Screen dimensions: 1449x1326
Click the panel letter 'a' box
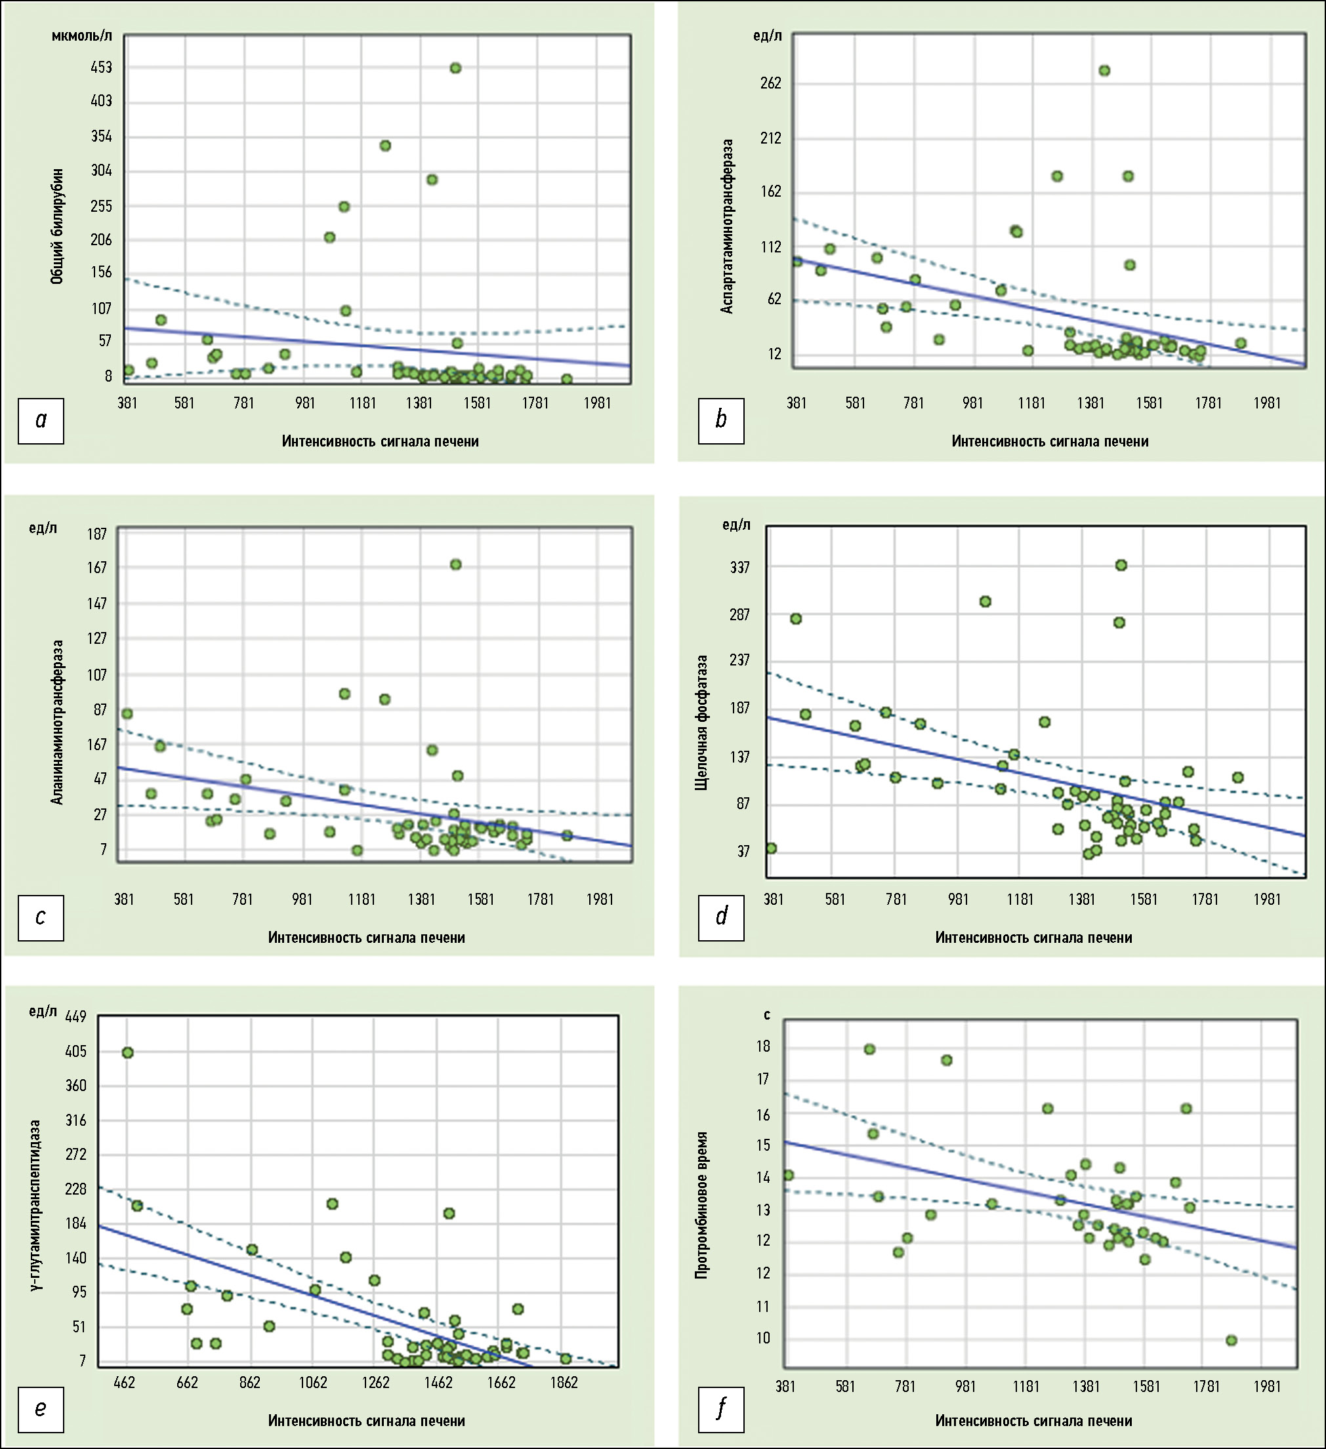click(41, 420)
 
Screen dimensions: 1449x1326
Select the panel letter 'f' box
click(721, 1409)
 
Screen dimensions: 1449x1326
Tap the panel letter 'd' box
click(721, 917)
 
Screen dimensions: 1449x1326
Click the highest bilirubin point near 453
click(455, 68)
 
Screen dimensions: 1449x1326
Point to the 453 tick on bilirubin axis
click(102, 68)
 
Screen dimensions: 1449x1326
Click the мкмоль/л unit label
click(82, 36)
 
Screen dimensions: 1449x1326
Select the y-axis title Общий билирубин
click(58, 226)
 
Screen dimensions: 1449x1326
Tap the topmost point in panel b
click(1104, 70)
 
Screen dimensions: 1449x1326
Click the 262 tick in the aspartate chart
click(770, 83)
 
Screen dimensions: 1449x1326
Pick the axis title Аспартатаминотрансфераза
click(728, 226)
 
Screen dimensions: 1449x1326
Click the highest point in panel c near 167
click(455, 565)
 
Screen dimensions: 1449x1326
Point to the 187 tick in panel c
click(97, 533)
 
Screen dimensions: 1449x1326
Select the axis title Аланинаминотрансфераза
click(58, 722)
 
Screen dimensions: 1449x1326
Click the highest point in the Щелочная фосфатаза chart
click(1121, 566)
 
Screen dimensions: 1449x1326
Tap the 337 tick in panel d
click(739, 568)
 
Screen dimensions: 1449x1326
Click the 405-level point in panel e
click(127, 1053)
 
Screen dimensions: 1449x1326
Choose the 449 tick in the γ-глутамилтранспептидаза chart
click(75, 1016)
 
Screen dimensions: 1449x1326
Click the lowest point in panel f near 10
click(1231, 1340)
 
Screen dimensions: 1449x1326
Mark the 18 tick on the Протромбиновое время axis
click(764, 1046)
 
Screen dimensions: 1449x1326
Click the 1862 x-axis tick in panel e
click(564, 1383)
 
